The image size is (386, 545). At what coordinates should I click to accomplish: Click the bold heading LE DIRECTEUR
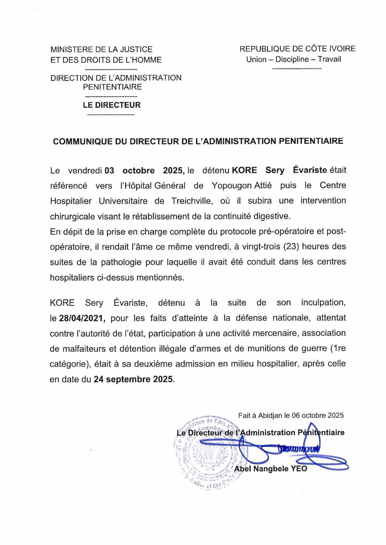pyautogui.click(x=112, y=105)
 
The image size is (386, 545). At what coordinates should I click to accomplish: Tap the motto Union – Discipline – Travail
pyautogui.click(x=293, y=59)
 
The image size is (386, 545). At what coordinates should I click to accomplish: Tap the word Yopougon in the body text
pyautogui.click(x=231, y=185)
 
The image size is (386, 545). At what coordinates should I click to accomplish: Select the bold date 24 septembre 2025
pyautogui.click(x=133, y=379)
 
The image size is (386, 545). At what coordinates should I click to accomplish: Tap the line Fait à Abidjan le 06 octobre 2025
pyautogui.click(x=291, y=415)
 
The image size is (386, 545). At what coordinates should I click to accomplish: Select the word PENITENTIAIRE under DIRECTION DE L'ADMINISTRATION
pyautogui.click(x=112, y=87)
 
